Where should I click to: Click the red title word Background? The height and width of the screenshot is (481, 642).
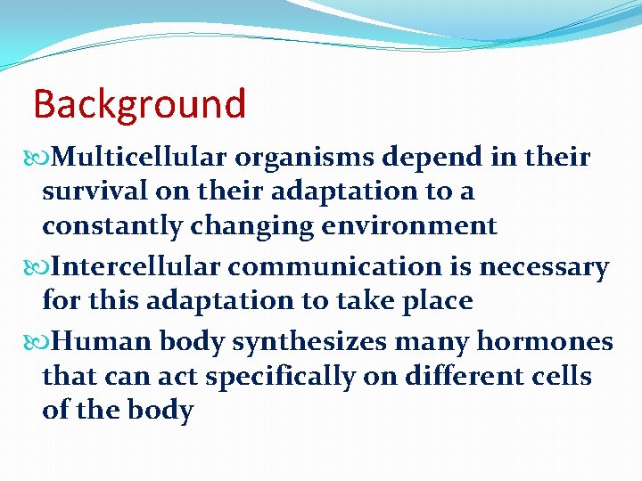[x=139, y=104]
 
